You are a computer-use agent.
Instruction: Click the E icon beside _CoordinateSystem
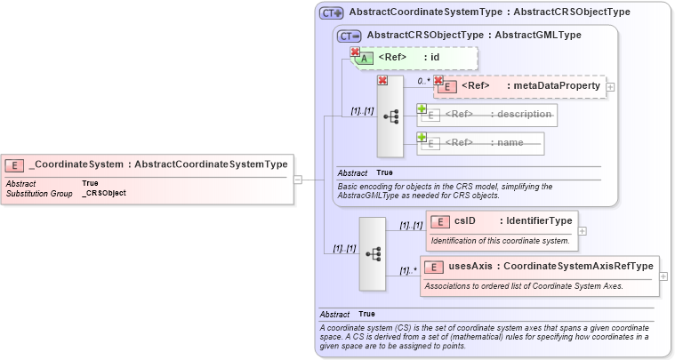pyautogui.click(x=15, y=164)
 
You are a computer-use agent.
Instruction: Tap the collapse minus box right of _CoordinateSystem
pyautogui.click(x=297, y=179)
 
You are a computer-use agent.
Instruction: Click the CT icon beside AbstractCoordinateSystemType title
pyautogui.click(x=332, y=12)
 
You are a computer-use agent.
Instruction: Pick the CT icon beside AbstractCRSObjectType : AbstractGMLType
pyautogui.click(x=350, y=36)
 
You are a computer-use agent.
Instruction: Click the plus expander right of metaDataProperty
pyautogui.click(x=611, y=86)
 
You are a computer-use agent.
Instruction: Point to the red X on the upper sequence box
pyautogui.click(x=382, y=80)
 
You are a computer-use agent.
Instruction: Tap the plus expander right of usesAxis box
pyautogui.click(x=663, y=276)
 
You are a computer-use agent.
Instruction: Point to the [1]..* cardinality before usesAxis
pyautogui.click(x=408, y=270)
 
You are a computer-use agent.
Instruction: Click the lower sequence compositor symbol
pyautogui.click(x=373, y=253)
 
